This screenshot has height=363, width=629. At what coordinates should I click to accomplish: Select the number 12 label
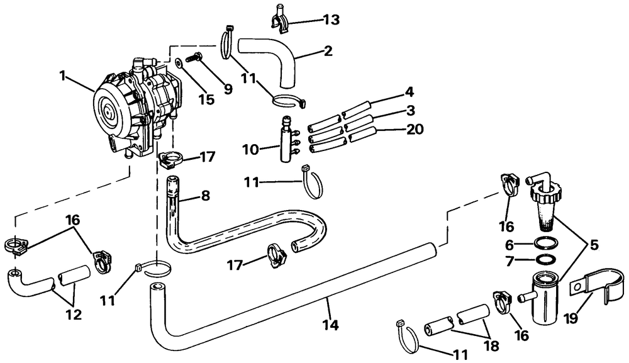coord(74,313)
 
